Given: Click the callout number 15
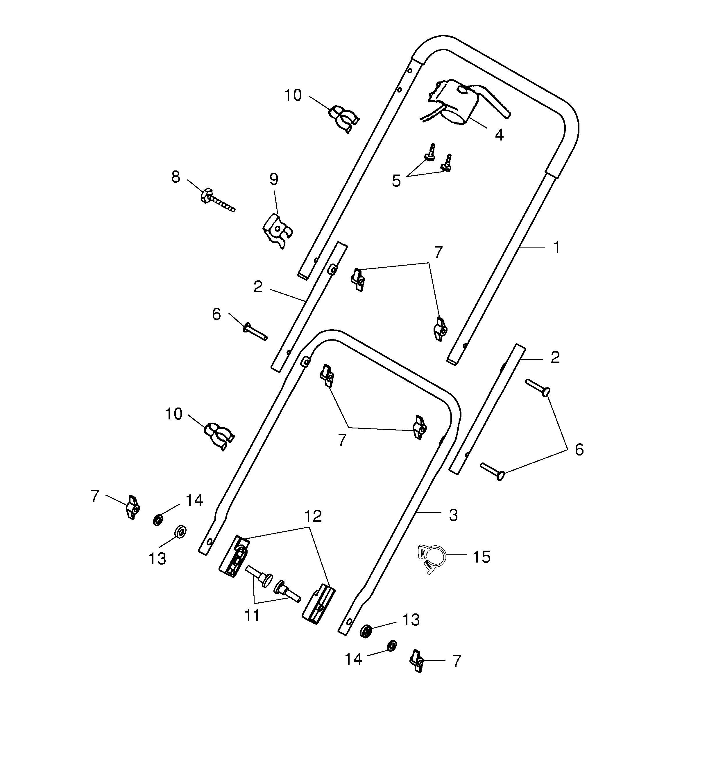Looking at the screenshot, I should (482, 557).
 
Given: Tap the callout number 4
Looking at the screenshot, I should (499, 135).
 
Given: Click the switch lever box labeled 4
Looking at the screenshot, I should (459, 102).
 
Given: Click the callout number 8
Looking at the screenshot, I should (176, 177).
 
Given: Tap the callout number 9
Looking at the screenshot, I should (273, 179).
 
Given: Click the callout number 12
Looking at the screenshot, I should (313, 516).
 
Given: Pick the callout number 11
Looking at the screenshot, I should (252, 616).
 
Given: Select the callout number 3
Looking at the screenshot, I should (453, 515).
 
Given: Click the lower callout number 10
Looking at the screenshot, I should (173, 414).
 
